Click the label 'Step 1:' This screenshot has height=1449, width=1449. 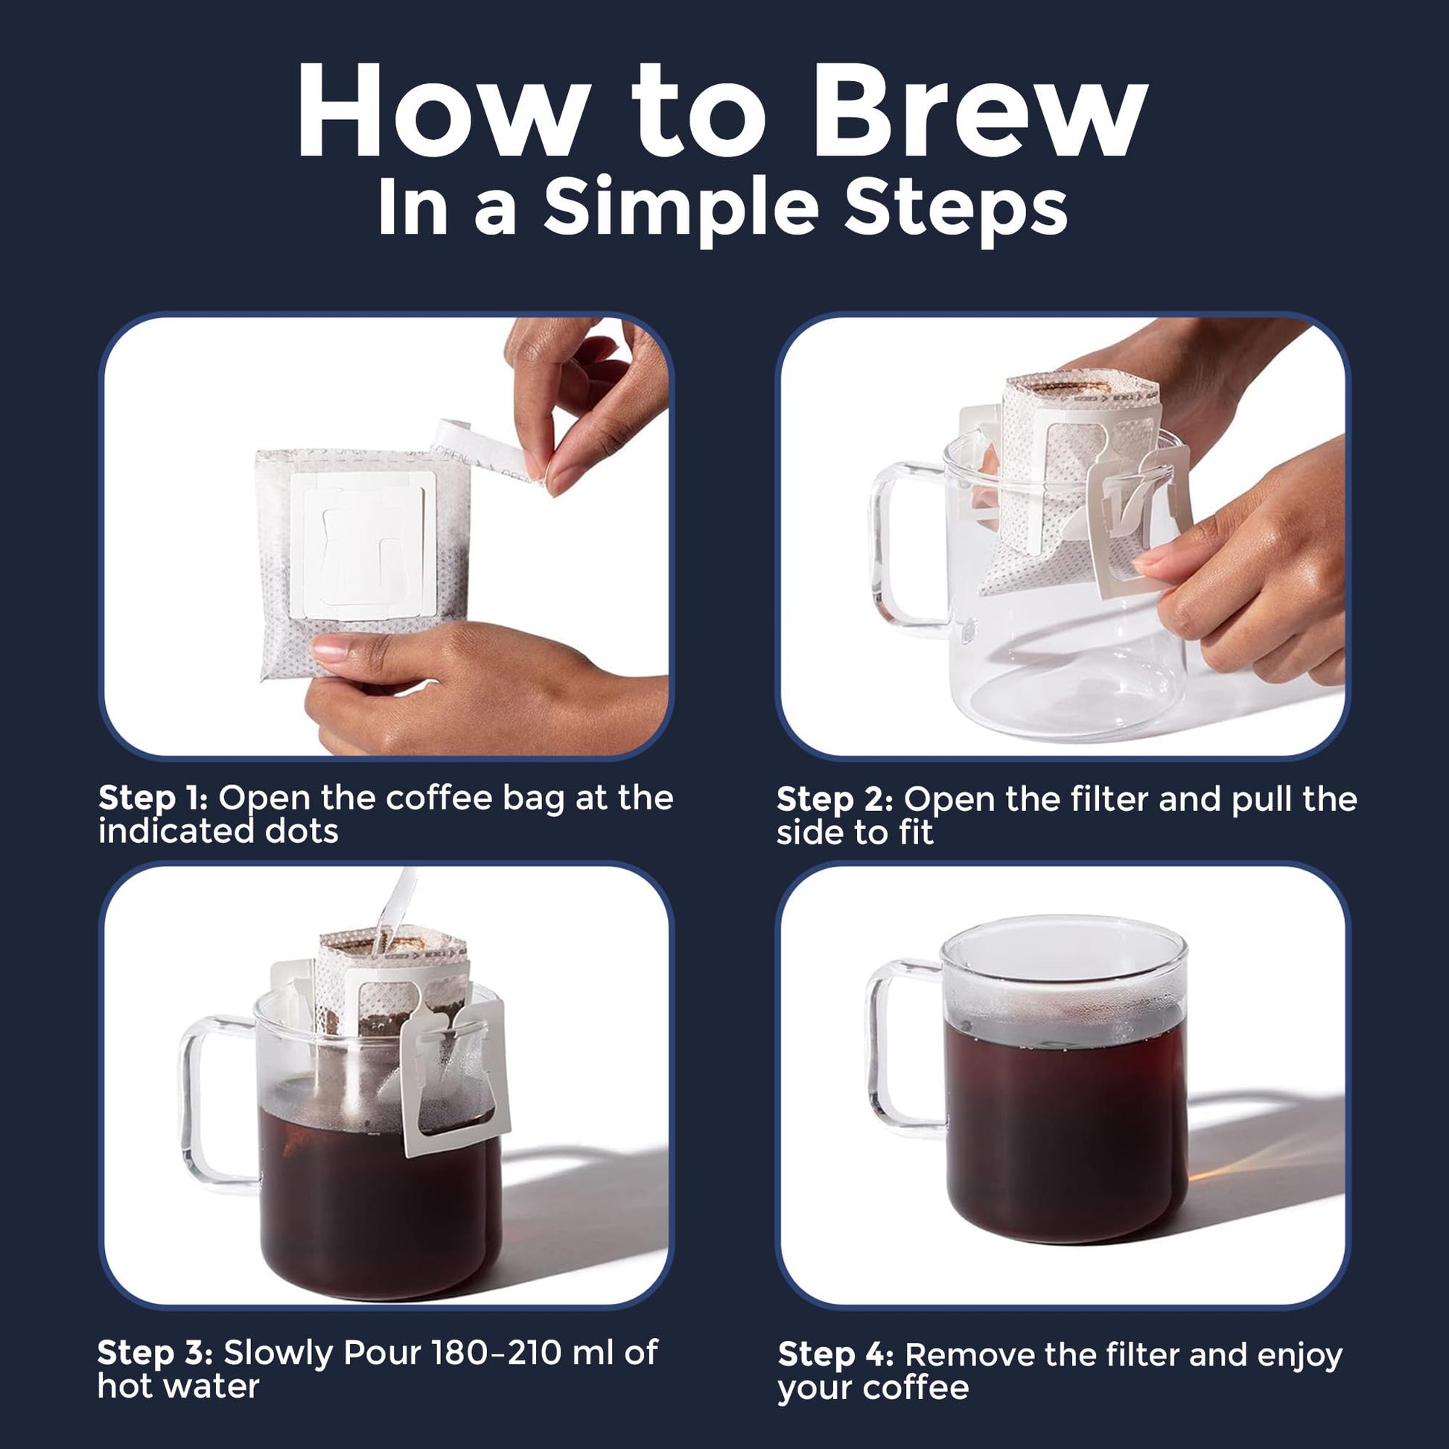[153, 800]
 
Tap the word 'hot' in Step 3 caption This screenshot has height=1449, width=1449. [124, 1386]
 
